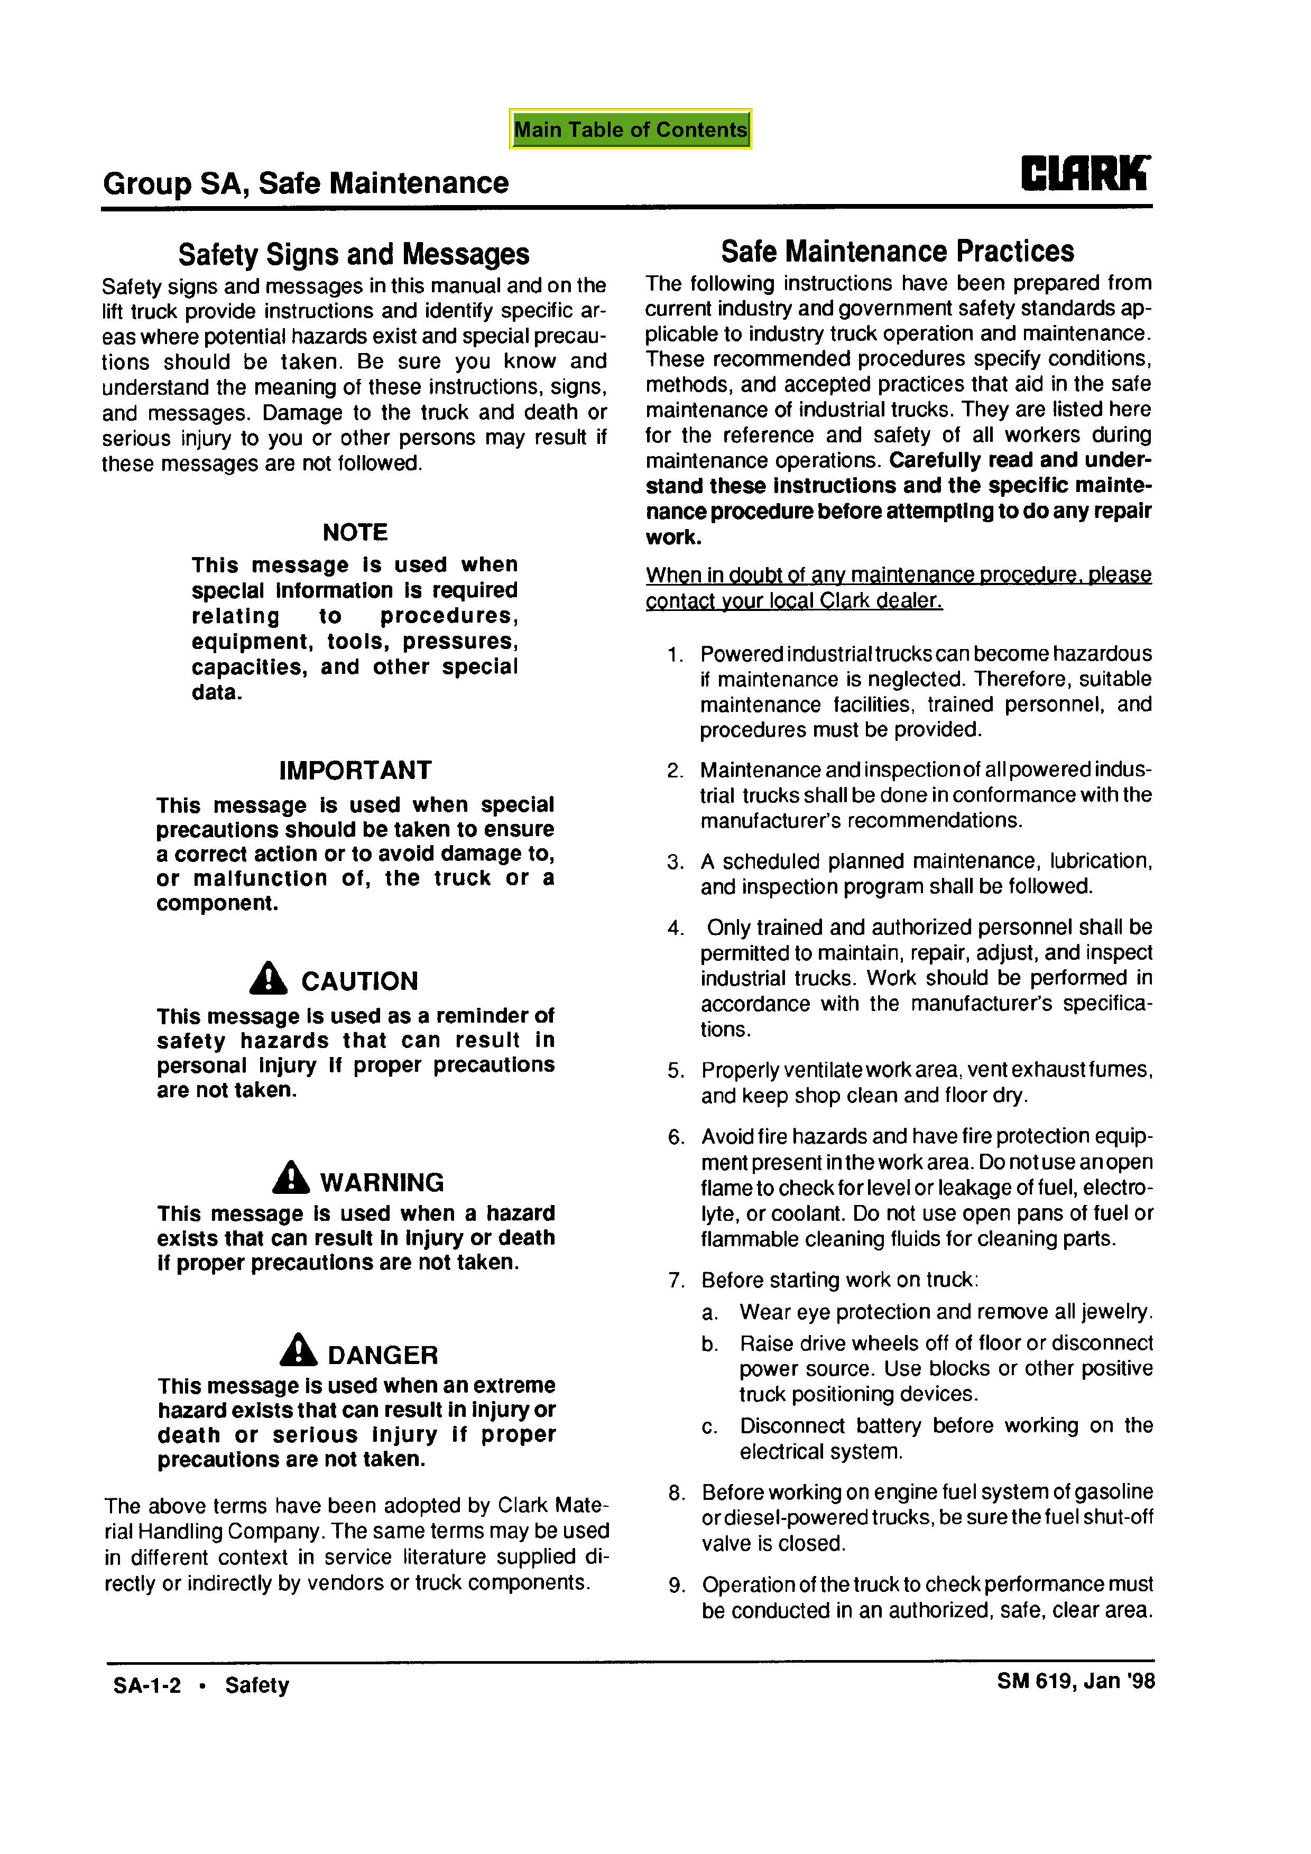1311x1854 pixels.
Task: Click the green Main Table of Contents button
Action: click(630, 129)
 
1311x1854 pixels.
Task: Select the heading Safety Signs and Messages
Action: click(354, 254)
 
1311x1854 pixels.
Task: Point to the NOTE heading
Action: click(355, 532)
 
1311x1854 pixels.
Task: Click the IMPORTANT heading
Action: click(355, 771)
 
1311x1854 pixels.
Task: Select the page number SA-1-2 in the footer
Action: click(147, 1686)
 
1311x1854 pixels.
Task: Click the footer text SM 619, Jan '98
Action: click(1075, 1681)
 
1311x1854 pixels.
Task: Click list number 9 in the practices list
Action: click(677, 1586)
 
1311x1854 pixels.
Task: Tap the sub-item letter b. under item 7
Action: click(710, 1345)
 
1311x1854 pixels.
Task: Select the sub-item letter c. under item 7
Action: click(709, 1427)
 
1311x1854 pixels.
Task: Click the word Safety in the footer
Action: click(257, 1686)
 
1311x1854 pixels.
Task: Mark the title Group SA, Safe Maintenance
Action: click(306, 183)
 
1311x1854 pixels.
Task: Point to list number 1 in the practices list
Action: click(675, 655)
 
